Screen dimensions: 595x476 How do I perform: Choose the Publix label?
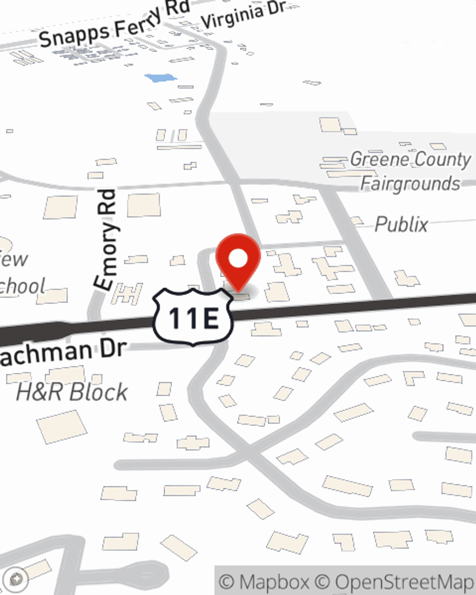click(401, 225)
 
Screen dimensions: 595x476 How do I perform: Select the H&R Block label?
click(72, 392)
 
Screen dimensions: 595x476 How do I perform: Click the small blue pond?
click(160, 78)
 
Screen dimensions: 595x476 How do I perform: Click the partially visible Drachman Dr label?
click(62, 352)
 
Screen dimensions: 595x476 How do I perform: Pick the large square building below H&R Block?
click(62, 426)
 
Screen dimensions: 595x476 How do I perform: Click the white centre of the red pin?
click(238, 259)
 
